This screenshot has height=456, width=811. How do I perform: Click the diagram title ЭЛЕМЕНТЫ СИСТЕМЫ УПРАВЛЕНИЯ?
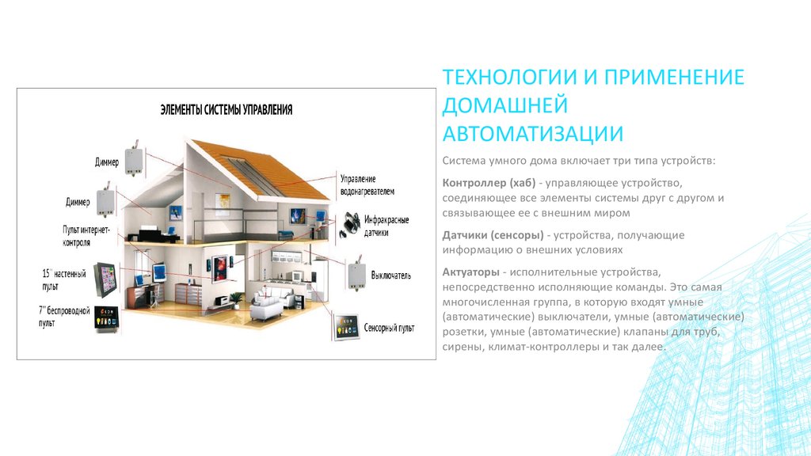tap(226, 109)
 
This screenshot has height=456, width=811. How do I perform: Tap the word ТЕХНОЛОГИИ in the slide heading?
tap(509, 77)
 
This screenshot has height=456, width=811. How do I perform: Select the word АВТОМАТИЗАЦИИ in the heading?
tap(533, 133)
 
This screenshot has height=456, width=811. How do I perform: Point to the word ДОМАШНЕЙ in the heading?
tap(504, 105)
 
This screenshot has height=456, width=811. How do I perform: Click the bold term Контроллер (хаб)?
tap(489, 183)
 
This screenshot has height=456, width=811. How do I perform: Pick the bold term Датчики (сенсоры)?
tap(493, 235)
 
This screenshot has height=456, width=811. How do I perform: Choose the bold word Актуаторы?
tap(470, 272)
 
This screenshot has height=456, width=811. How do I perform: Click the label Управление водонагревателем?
tap(367, 185)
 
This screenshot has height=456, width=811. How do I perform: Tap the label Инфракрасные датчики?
tap(386, 226)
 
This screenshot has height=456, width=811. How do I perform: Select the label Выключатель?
tap(390, 275)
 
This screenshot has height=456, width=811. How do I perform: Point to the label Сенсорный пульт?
tap(389, 328)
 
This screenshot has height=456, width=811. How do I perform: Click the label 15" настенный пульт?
tap(64, 279)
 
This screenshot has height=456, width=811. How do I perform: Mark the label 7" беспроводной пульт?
tap(64, 317)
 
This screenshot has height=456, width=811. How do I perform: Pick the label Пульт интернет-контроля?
tap(86, 236)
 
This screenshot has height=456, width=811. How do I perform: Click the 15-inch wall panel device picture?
tap(105, 279)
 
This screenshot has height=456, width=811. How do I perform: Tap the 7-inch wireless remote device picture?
tap(107, 318)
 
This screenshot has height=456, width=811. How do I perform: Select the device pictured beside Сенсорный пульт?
tap(346, 327)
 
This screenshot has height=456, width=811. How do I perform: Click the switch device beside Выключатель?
tap(356, 275)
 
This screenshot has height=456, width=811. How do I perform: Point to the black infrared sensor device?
tap(349, 225)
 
